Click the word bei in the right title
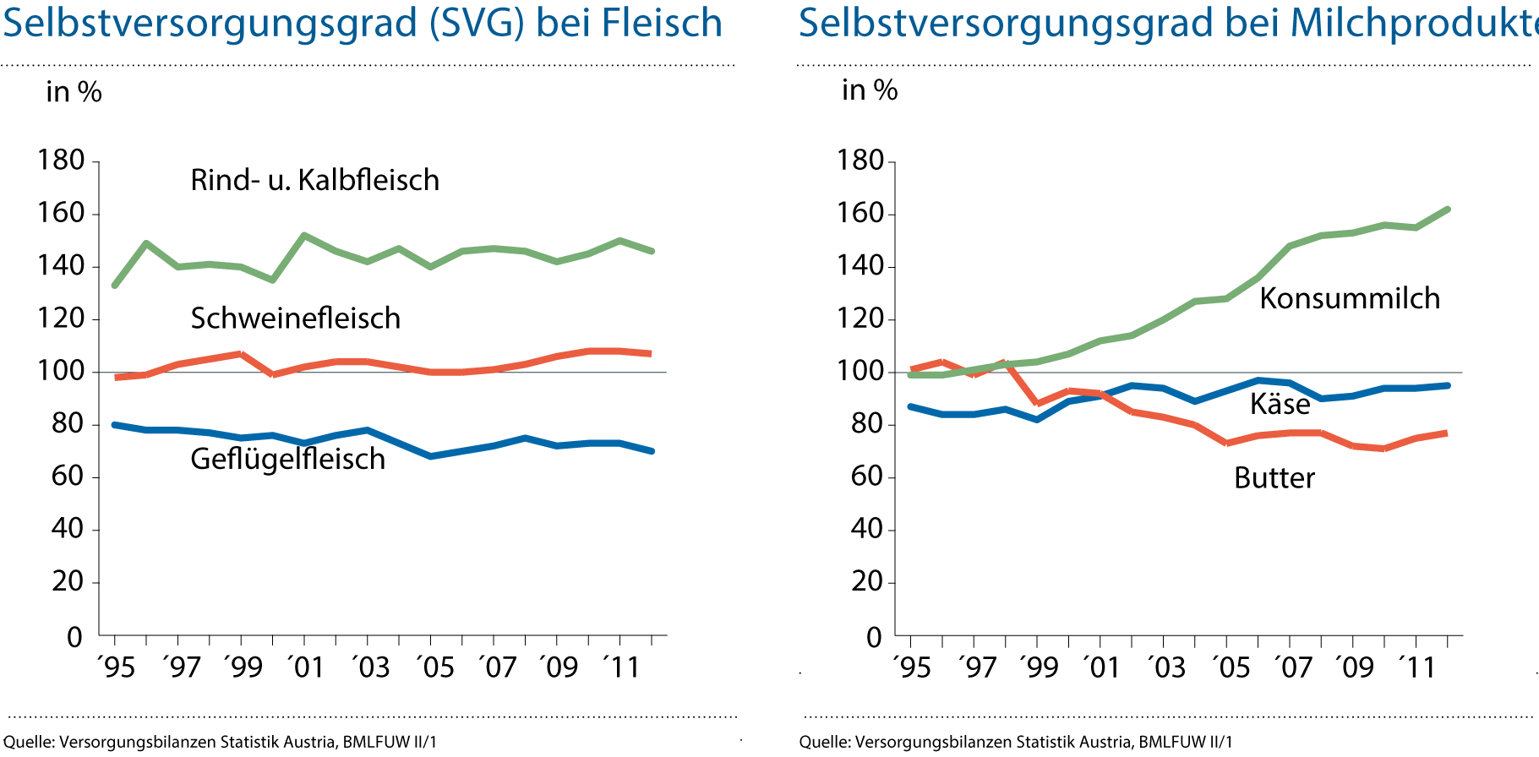tap(1250, 24)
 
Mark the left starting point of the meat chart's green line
tap(114, 286)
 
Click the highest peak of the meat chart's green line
tap(304, 234)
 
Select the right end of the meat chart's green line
tap(652, 251)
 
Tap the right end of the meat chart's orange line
tap(651, 353)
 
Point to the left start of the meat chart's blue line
tap(114, 424)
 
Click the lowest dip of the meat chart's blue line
tap(430, 456)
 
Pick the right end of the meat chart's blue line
tap(652, 451)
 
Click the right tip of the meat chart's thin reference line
tap(666, 372)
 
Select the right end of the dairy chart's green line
tap(1449, 209)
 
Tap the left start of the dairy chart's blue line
tap(909, 406)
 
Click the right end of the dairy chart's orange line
tap(1447, 433)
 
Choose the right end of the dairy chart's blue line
tap(1449, 385)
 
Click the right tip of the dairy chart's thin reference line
tap(1462, 372)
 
